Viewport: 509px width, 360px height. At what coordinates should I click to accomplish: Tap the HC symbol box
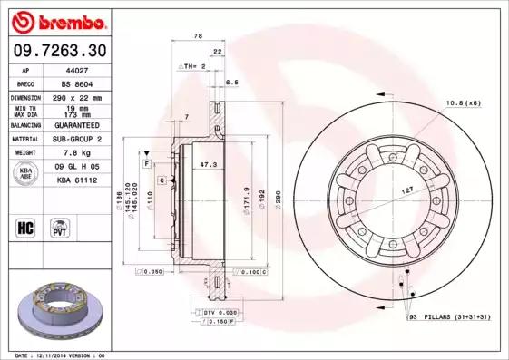pyautogui.click(x=26, y=227)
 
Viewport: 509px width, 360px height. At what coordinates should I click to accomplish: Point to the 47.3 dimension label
pyautogui.click(x=207, y=165)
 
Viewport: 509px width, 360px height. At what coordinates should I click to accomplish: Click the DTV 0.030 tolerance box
pyautogui.click(x=215, y=312)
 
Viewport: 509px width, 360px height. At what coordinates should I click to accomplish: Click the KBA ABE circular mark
pyautogui.click(x=26, y=173)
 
